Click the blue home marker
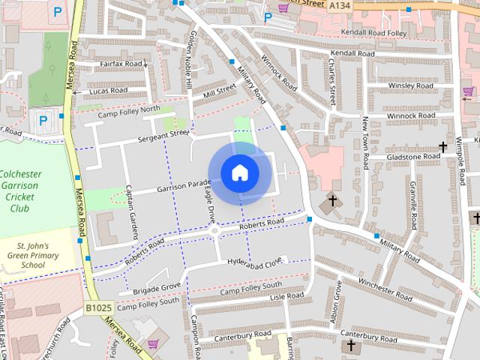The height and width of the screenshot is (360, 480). click(x=239, y=173)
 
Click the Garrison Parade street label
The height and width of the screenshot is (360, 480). click(x=184, y=185)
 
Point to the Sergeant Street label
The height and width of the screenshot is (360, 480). click(x=163, y=136)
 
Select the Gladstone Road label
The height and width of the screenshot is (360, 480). click(x=413, y=157)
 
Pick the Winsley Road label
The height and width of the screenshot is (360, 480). click(x=410, y=86)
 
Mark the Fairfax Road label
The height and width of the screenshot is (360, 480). click(x=121, y=64)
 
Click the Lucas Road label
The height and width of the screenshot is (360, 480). click(x=108, y=91)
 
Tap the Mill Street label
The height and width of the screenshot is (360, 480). click(x=219, y=91)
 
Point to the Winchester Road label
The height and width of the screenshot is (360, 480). click(x=385, y=290)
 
